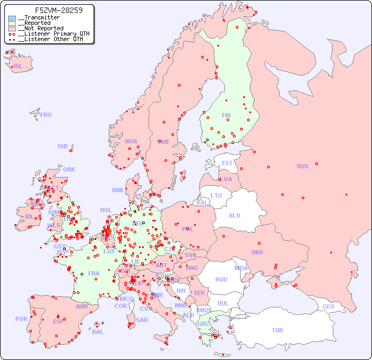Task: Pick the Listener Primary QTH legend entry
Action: [x=50, y=34]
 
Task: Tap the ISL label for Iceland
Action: [x=18, y=67]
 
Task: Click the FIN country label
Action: [x=226, y=115]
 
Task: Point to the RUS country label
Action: [x=302, y=166]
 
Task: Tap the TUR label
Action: [x=277, y=330]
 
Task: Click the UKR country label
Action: [x=257, y=252]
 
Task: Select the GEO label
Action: [x=328, y=306]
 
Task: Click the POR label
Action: [x=21, y=319]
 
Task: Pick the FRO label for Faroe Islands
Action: [x=46, y=115]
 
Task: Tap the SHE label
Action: [x=63, y=146]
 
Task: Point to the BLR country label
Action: [x=235, y=215]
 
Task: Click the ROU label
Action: [x=221, y=279]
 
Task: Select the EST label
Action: [x=227, y=163]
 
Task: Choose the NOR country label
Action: [x=131, y=141]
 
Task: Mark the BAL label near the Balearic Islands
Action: [x=98, y=332]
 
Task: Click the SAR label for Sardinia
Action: [x=142, y=320]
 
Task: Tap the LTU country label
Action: [x=216, y=195]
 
